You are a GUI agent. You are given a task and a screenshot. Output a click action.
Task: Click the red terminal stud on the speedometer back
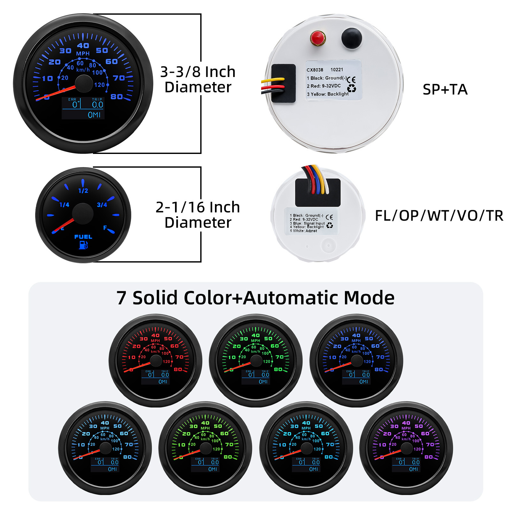[x=317, y=38]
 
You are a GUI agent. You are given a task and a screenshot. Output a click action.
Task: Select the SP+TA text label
[x=445, y=89]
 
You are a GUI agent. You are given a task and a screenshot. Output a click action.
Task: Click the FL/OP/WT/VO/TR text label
[x=439, y=216]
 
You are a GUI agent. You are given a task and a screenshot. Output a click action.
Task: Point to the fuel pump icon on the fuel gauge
[x=83, y=245]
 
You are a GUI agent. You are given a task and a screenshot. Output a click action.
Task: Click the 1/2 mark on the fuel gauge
[x=83, y=191]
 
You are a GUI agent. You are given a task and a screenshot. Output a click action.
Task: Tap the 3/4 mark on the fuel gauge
[x=102, y=205]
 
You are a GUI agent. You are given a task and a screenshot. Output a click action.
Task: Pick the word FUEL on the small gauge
[x=83, y=237]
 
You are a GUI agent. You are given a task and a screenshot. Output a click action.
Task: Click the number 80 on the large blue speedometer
[x=117, y=96]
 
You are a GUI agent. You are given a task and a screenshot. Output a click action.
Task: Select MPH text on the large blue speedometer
[x=83, y=53]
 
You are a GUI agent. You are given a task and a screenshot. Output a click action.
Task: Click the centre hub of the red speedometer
[x=156, y=361]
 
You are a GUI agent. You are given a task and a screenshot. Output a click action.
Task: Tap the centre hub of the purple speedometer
[x=407, y=448]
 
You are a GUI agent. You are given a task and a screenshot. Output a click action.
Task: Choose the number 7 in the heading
[x=121, y=298]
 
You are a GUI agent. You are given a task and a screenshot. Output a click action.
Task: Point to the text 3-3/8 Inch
[x=198, y=72]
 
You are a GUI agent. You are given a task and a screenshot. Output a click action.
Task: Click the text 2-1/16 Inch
[x=198, y=207]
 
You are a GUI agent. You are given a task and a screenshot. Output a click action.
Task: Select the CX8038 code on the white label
[x=315, y=70]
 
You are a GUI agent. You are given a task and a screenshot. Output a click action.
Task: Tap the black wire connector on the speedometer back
[x=283, y=83]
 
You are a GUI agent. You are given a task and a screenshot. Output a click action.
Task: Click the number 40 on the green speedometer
[x=256, y=335]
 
